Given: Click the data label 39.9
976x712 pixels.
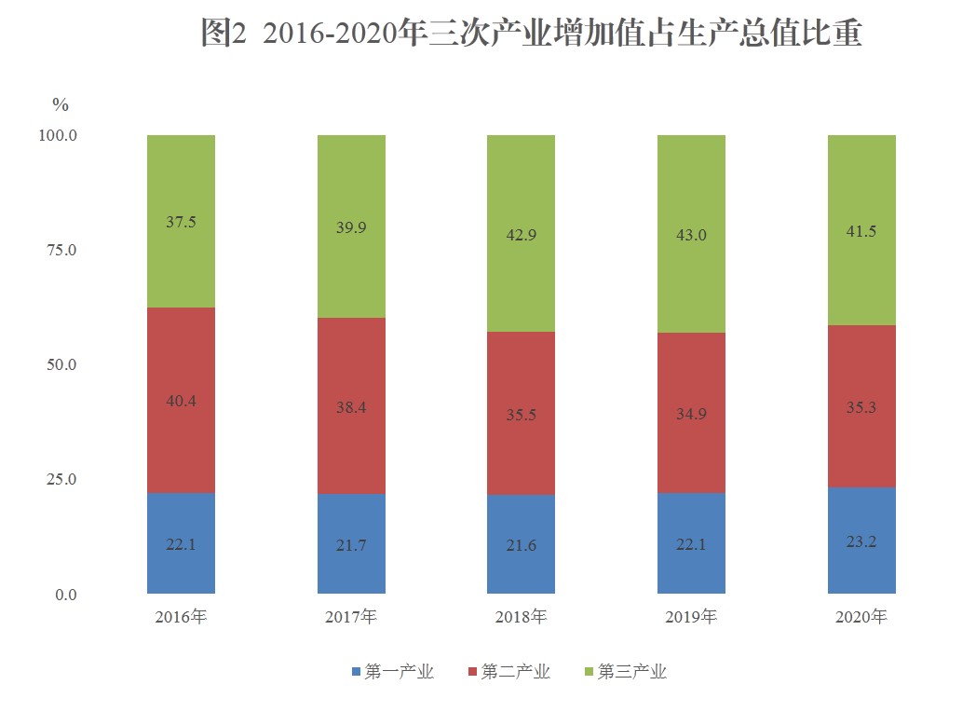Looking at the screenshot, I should [x=351, y=228].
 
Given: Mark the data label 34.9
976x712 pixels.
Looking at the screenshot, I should [x=691, y=413].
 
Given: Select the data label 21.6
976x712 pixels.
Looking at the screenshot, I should [x=521, y=545].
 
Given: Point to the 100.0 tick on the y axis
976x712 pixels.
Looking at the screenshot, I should [x=56, y=136].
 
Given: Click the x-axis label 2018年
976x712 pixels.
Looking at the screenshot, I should [x=521, y=617].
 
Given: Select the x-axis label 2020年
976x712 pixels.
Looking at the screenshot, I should [x=861, y=617].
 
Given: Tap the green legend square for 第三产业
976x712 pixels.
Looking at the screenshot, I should [x=588, y=672].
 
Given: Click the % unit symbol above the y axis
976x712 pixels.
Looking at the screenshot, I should [x=61, y=104].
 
